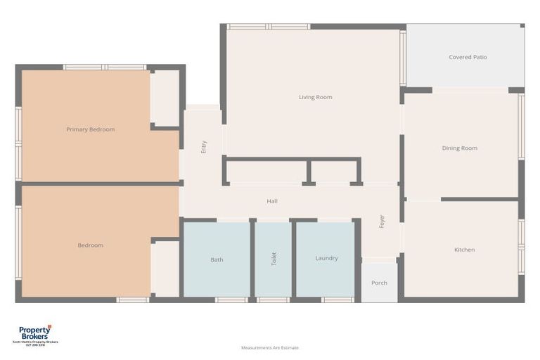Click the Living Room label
[315, 97]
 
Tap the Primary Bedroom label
[90, 129]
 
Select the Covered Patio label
[468, 57]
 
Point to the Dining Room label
[459, 148]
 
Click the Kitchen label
[464, 250]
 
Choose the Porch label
[379, 283]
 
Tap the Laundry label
[326, 258]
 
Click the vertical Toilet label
[274, 259]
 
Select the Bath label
[217, 259]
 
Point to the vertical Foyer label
[382, 221]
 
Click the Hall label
[272, 201]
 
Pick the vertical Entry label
[204, 147]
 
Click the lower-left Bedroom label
[90, 245]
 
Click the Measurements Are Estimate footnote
[270, 347]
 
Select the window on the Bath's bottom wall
[231, 300]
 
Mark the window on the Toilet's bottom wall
[274, 300]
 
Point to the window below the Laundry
[337, 300]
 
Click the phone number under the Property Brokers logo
[34, 345]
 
